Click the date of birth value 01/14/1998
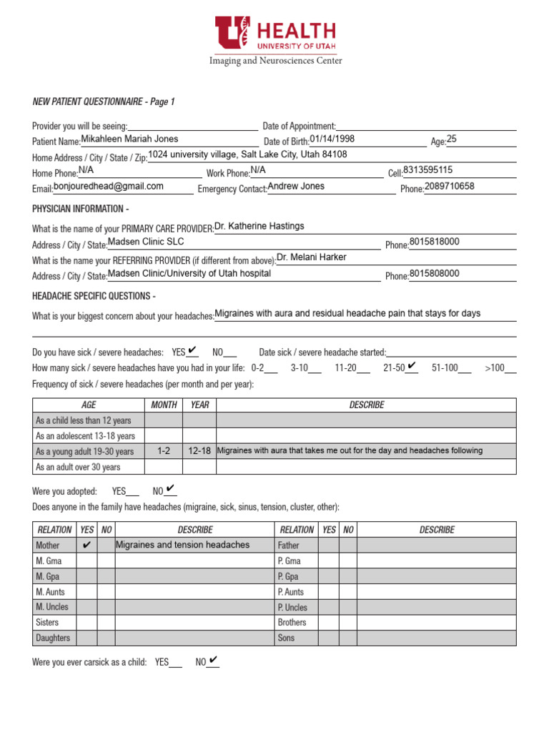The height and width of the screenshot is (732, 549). [x=332, y=139]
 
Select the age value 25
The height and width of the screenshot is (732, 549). [x=451, y=139]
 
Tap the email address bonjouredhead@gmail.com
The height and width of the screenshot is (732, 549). [x=119, y=186]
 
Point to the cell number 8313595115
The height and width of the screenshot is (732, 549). [x=427, y=170]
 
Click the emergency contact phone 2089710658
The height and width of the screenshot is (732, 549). [x=450, y=186]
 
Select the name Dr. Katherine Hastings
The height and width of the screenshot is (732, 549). [x=259, y=226]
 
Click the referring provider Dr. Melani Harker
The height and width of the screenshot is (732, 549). [x=311, y=257]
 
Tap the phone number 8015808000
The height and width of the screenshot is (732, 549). [x=434, y=273]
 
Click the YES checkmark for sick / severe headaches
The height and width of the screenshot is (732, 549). [x=192, y=351]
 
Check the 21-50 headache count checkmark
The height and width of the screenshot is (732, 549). [x=411, y=367]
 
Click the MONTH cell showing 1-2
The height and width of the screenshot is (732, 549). [x=164, y=451]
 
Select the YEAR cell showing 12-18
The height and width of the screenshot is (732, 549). [x=199, y=451]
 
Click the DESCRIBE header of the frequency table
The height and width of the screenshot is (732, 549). [x=366, y=405]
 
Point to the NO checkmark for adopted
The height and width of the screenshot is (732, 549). [x=170, y=490]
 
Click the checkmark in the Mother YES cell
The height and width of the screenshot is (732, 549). [x=86, y=545]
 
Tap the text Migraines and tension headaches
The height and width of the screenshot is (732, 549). [x=182, y=545]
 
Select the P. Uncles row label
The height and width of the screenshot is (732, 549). [x=292, y=607]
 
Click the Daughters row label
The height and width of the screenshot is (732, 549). [x=53, y=638]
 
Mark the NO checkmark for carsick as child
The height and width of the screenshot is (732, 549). [x=213, y=661]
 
